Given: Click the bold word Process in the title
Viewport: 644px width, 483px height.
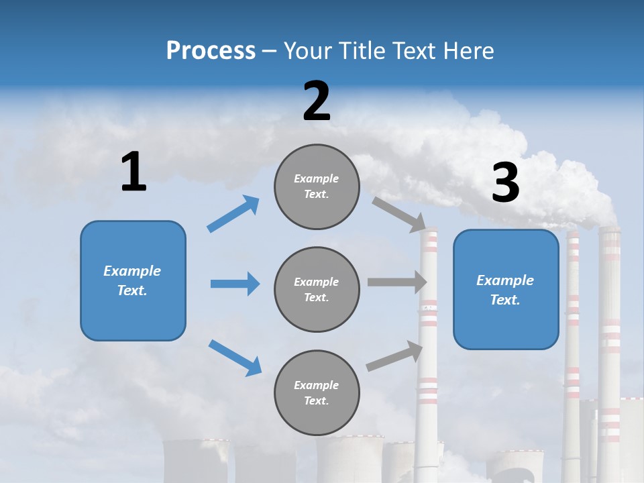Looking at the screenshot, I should click(x=211, y=50).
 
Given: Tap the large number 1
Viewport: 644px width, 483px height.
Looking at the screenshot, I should click(x=133, y=172).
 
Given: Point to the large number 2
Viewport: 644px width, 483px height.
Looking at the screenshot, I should click(x=317, y=101).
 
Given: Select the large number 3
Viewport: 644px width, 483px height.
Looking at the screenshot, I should click(x=506, y=184).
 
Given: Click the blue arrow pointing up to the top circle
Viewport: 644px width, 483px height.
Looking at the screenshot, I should click(x=233, y=214).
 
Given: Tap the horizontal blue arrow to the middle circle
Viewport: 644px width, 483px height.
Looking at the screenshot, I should click(x=235, y=284).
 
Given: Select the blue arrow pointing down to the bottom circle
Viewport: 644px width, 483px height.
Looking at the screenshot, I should click(x=235, y=357).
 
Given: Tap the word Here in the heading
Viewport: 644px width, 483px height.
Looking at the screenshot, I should click(x=470, y=50).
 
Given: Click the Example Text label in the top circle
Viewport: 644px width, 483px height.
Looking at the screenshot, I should click(x=317, y=186).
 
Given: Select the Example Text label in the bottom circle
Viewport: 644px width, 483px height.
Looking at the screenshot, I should click(x=317, y=393).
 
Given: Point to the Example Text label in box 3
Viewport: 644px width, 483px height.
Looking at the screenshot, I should click(x=505, y=290).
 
